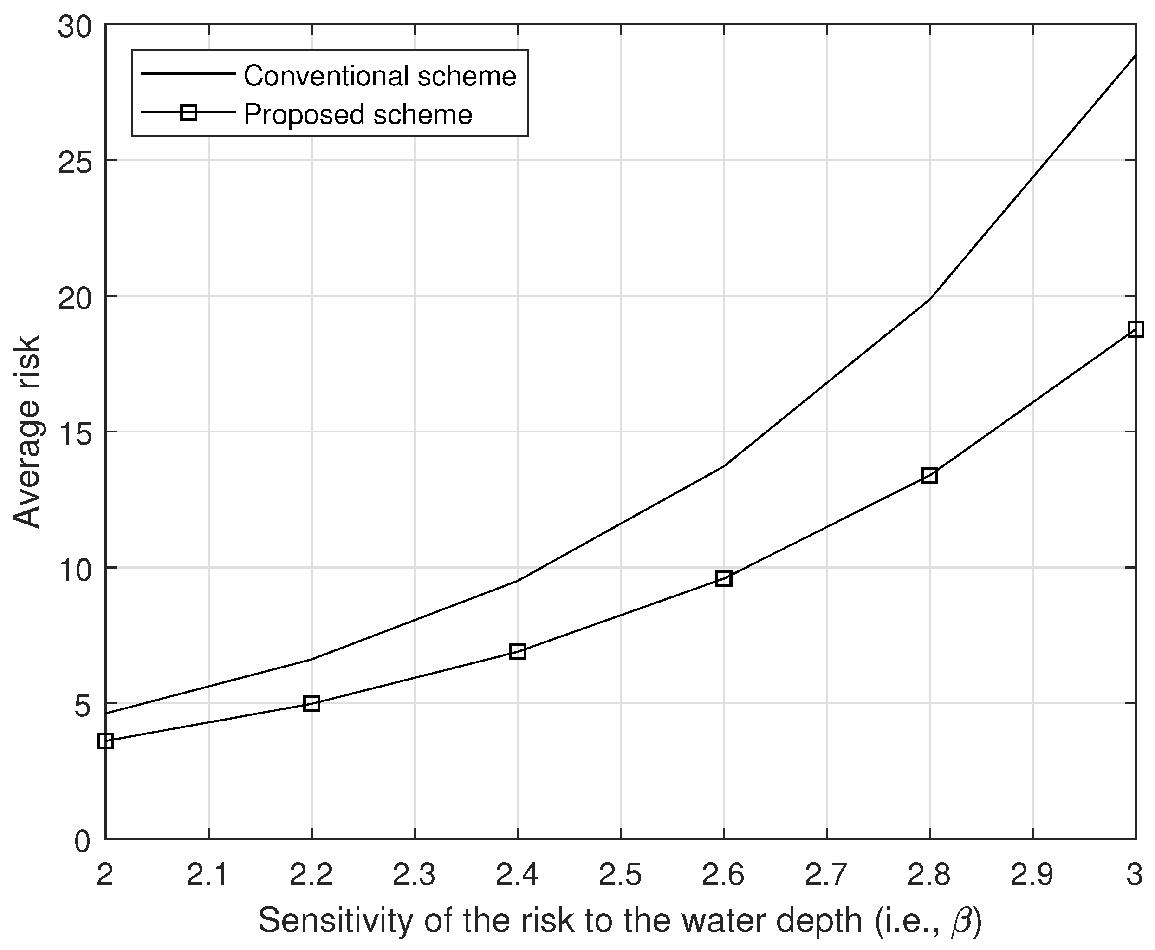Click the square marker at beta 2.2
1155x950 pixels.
[311, 704]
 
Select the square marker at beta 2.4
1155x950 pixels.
[517, 651]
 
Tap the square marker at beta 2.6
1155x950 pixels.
[724, 578]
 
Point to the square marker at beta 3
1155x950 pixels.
[1136, 329]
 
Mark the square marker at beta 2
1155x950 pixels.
[105, 741]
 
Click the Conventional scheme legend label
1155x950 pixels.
[380, 76]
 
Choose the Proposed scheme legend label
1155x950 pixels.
[357, 114]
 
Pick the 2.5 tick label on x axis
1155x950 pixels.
[620, 874]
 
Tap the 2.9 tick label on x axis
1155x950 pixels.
[1032, 874]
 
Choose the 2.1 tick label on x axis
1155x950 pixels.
[208, 874]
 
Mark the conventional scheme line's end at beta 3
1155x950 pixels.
[1136, 56]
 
